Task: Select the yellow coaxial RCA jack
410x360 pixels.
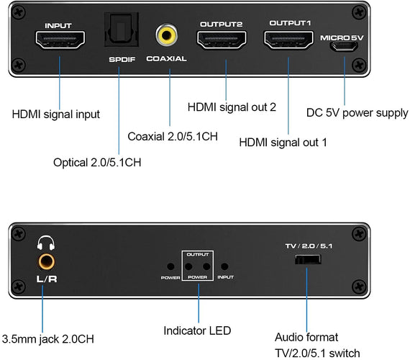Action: (168, 34)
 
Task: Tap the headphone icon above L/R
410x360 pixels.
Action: (47, 242)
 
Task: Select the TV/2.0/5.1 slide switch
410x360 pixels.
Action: (309, 258)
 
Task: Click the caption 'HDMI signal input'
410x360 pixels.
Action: (55, 114)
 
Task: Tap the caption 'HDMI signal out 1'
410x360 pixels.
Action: (283, 142)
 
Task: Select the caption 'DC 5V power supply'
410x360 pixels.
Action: (357, 113)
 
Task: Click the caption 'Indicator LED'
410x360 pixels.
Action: (198, 330)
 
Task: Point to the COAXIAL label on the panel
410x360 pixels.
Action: (166, 59)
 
